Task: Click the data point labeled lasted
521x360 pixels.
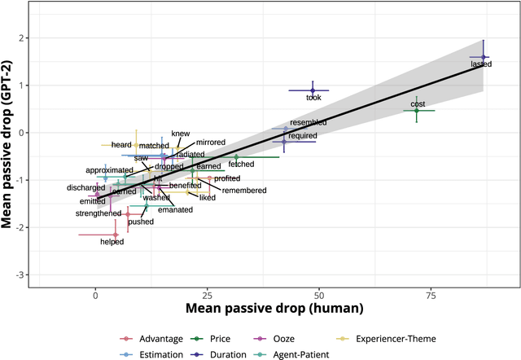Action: pos(484,57)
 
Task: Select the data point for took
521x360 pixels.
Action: pos(313,90)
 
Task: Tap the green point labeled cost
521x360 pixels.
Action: pos(417,111)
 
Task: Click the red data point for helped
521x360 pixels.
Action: pos(116,235)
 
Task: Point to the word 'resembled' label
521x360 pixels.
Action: pos(308,123)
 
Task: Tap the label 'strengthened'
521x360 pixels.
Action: pos(99,213)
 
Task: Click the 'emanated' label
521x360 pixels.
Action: pos(175,210)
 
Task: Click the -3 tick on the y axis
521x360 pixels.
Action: pos(19,274)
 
